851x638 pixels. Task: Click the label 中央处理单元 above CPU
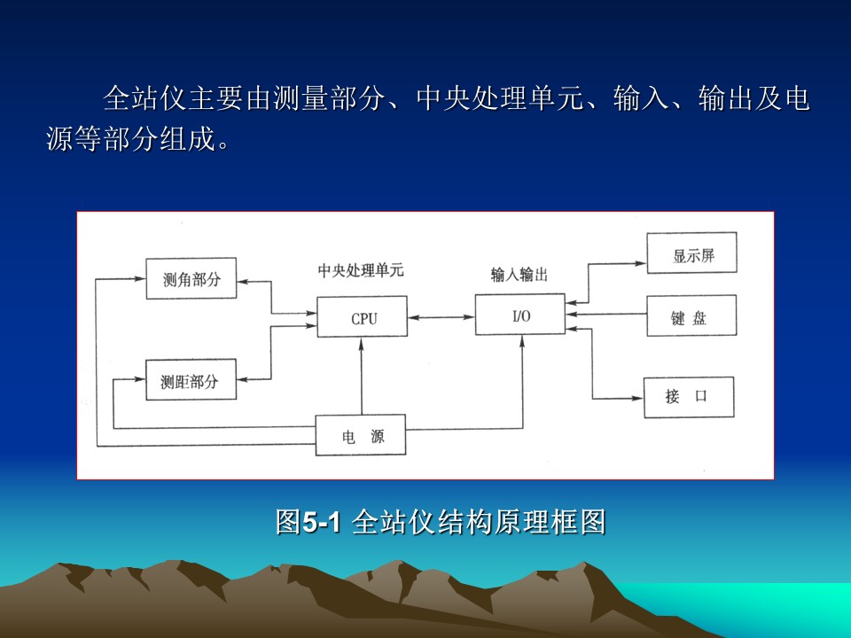click(361, 270)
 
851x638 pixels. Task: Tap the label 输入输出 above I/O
click(519, 275)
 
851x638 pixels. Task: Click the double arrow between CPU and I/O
click(441, 317)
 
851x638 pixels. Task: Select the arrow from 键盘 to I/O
click(605, 314)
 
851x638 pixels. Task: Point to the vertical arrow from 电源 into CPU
click(362, 376)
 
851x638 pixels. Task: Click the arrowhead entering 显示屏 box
click(640, 264)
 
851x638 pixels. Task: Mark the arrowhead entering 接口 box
click(637, 399)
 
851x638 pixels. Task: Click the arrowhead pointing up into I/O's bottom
click(522, 341)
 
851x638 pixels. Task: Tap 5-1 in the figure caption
click(321, 523)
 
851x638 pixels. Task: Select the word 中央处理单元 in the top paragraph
click(499, 98)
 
